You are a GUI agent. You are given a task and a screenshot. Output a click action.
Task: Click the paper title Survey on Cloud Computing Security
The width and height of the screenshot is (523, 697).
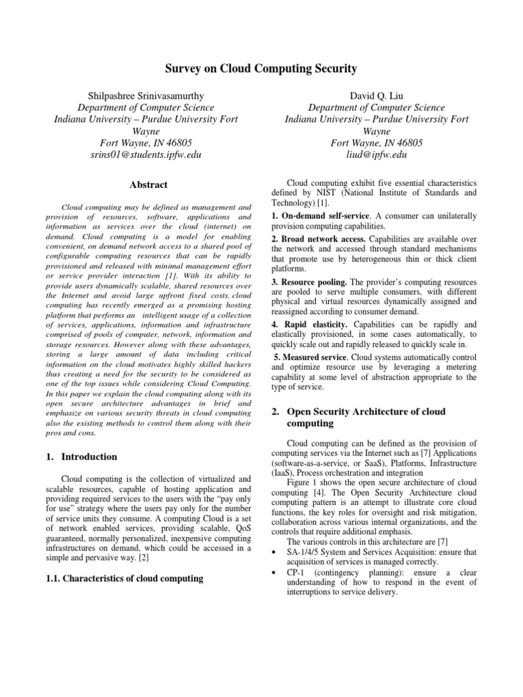tap(261, 69)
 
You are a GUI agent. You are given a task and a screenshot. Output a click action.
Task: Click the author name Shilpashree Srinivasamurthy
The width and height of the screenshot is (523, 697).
tap(146, 96)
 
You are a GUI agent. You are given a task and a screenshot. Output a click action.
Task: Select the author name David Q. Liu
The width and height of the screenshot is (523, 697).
tap(377, 96)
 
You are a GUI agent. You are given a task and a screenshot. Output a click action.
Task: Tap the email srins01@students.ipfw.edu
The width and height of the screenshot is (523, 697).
tap(146, 155)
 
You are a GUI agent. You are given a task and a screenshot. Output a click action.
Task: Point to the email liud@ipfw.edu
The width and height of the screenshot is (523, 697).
tap(377, 155)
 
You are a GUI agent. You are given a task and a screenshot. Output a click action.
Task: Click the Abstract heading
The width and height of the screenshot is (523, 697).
tap(148, 184)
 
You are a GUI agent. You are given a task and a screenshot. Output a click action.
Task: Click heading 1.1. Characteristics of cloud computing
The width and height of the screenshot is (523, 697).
tap(129, 579)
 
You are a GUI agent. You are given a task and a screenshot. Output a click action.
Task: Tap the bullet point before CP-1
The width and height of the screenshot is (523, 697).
tap(273, 572)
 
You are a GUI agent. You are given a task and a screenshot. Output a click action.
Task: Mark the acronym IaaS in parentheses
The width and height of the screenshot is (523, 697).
tap(283, 472)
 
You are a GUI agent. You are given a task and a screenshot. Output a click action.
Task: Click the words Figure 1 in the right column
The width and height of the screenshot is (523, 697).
tap(303, 483)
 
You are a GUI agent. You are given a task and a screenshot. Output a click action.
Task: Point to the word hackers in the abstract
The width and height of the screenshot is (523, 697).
tap(237, 364)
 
